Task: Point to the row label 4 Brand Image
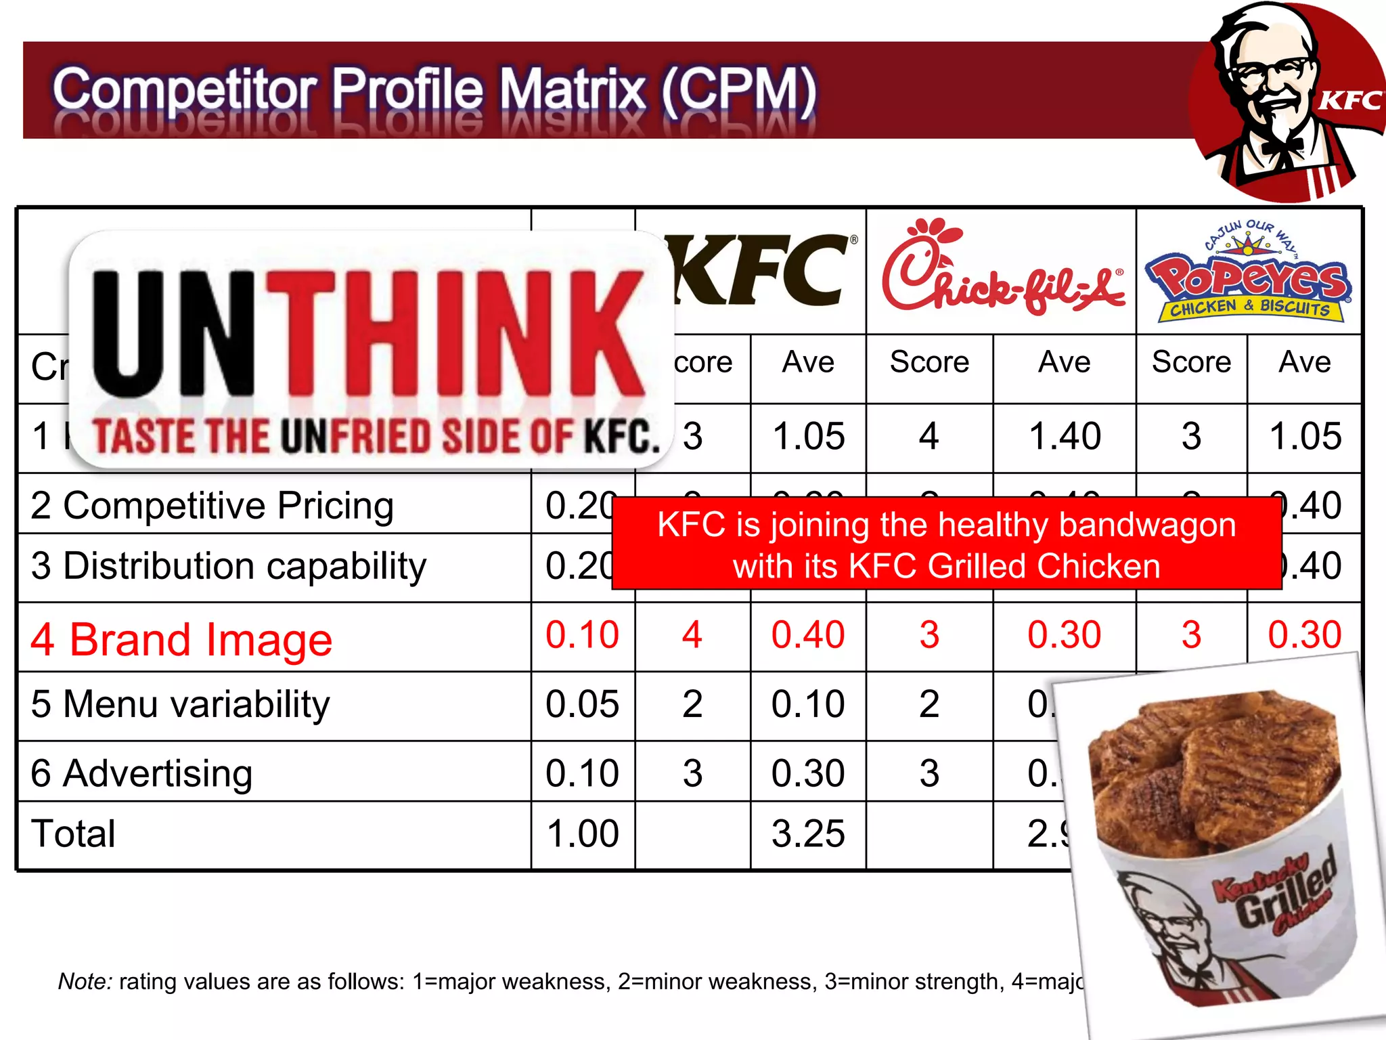(181, 639)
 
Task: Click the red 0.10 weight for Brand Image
(582, 635)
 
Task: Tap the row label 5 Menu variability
(180, 704)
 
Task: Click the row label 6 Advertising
(141, 773)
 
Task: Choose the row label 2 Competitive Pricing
(212, 506)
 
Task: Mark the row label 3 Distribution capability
(229, 566)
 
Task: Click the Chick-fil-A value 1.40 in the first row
(1065, 436)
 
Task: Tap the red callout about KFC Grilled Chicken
(946, 544)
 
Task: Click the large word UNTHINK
(369, 334)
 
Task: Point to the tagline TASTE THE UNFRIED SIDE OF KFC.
(376, 436)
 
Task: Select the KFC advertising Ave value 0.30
(808, 773)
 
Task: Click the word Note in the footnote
(85, 981)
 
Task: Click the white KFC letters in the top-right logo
(1349, 101)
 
